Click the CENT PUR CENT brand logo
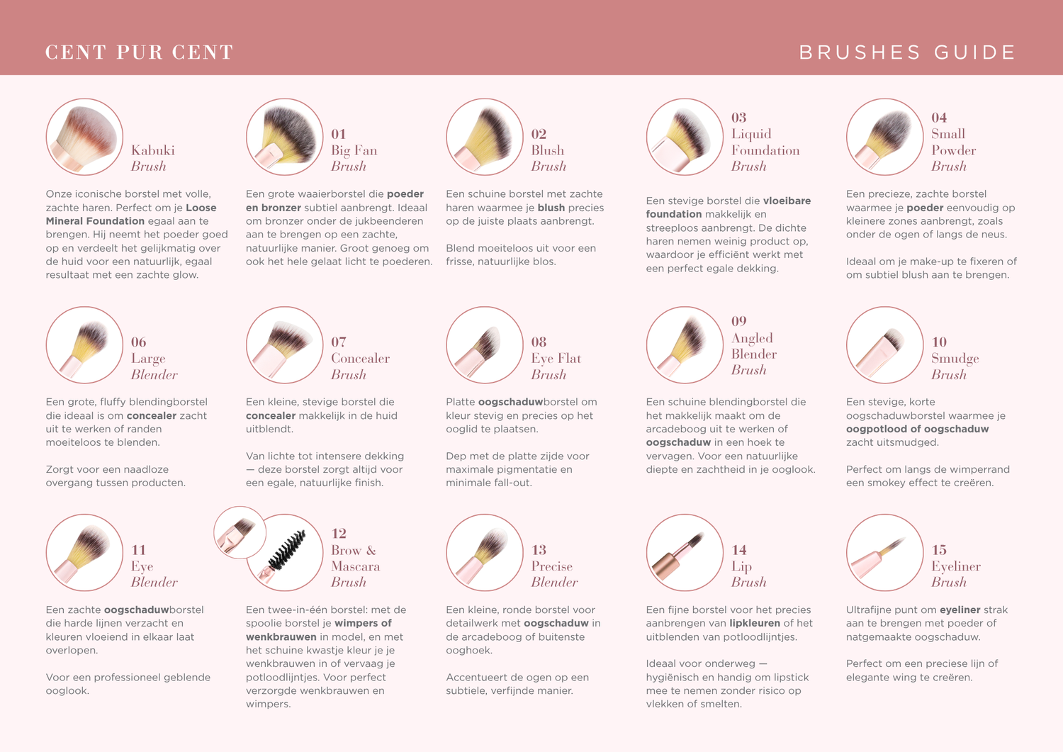(139, 52)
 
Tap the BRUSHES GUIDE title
(907, 52)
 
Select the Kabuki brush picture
(84, 137)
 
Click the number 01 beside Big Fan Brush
(338, 134)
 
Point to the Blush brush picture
(485, 137)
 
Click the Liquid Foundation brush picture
(685, 137)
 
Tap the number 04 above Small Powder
(939, 117)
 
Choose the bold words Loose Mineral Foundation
(131, 214)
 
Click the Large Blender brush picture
(84, 344)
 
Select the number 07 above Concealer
(338, 342)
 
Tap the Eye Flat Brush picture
(485, 344)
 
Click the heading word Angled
(752, 338)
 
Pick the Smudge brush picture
(884, 344)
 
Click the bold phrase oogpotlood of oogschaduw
(917, 429)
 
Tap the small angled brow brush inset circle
(240, 532)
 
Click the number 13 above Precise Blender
(539, 550)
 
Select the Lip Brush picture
(685, 553)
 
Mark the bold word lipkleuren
(755, 623)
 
